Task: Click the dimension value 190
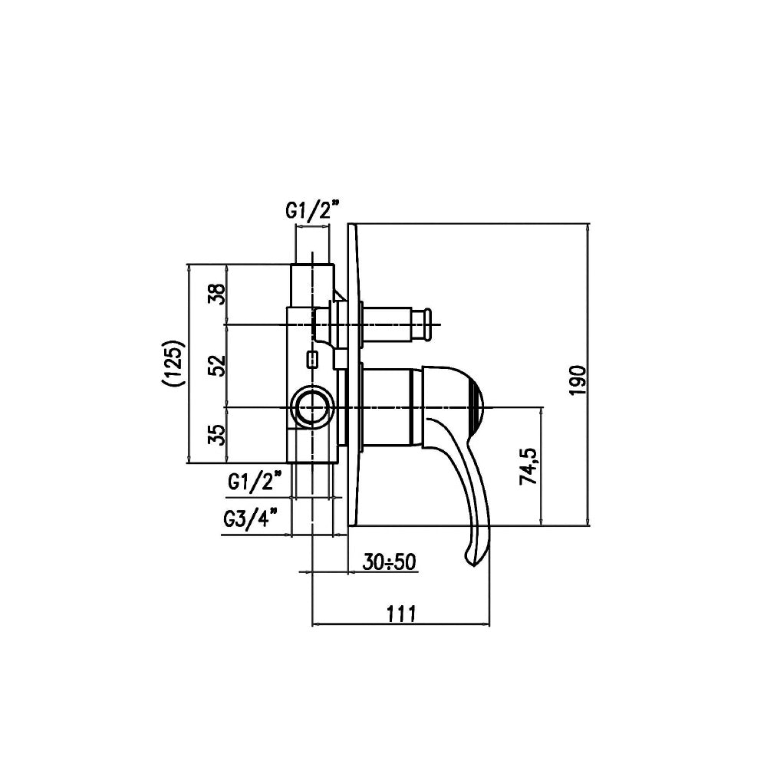pyautogui.click(x=578, y=380)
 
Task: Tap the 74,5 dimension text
pyautogui.click(x=528, y=466)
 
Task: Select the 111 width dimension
pyautogui.click(x=402, y=613)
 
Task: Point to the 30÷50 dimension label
pyautogui.click(x=390, y=562)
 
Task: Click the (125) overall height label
pyautogui.click(x=173, y=364)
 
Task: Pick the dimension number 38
pyautogui.click(x=217, y=294)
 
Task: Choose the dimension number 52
pyautogui.click(x=217, y=365)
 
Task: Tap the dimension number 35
pyautogui.click(x=217, y=434)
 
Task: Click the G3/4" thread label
pyautogui.click(x=251, y=518)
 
